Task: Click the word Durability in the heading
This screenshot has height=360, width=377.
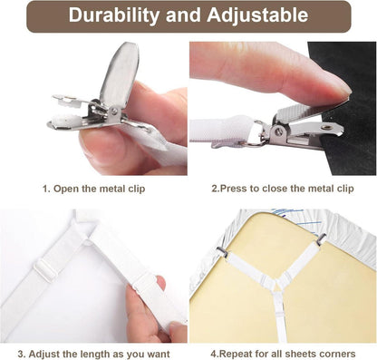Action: point(113,15)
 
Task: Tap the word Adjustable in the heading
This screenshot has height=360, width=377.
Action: point(257,15)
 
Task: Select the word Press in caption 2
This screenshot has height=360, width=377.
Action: point(233,189)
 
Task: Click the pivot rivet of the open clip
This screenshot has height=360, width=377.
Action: point(114,112)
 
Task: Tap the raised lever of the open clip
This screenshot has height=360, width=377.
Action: point(120,74)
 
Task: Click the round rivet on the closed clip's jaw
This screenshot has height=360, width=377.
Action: point(326,127)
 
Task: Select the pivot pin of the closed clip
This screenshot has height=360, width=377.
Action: point(278,131)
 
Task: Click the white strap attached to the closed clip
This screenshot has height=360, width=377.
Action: point(221,130)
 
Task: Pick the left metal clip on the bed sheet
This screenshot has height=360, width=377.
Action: point(222,251)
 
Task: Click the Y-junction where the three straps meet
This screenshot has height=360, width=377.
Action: point(277,284)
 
